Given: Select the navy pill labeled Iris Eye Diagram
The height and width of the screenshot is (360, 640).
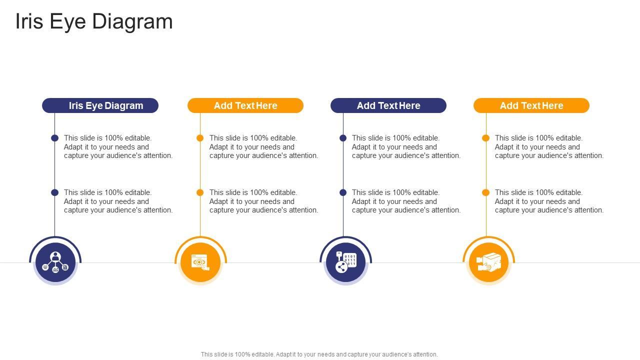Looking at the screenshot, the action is click(100, 105).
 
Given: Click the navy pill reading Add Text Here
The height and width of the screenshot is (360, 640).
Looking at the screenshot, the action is click(388, 105).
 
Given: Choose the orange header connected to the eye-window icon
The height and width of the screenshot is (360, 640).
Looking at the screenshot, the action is click(245, 105).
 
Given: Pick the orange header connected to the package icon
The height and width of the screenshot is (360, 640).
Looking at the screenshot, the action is click(531, 105).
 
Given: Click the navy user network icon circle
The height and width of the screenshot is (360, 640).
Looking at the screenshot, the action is click(55, 262).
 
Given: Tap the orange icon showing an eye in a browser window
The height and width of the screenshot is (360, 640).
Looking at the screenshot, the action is click(200, 262).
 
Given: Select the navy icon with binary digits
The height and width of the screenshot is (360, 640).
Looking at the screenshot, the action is click(345, 262).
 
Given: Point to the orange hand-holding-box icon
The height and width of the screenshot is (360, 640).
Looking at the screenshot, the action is click(488, 262).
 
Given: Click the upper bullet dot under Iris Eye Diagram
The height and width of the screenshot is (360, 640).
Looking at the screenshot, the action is click(55, 138).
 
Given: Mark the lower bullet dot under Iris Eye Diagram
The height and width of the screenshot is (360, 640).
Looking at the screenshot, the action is click(55, 192).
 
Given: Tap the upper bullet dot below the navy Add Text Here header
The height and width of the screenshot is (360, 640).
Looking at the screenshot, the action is click(343, 138).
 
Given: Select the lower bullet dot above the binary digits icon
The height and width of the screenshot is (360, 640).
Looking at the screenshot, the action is click(343, 192).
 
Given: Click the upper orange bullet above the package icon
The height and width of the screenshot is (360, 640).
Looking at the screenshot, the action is click(485, 138).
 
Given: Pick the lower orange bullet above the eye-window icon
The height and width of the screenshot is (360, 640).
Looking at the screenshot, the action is click(200, 192).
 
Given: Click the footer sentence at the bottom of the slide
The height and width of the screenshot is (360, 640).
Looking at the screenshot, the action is click(319, 354).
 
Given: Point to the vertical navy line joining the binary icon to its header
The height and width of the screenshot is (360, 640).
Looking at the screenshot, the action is click(343, 220).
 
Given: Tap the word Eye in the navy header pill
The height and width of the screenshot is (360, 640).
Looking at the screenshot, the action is click(94, 105).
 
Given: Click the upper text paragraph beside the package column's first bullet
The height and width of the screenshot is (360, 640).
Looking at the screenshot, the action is click(549, 147).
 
